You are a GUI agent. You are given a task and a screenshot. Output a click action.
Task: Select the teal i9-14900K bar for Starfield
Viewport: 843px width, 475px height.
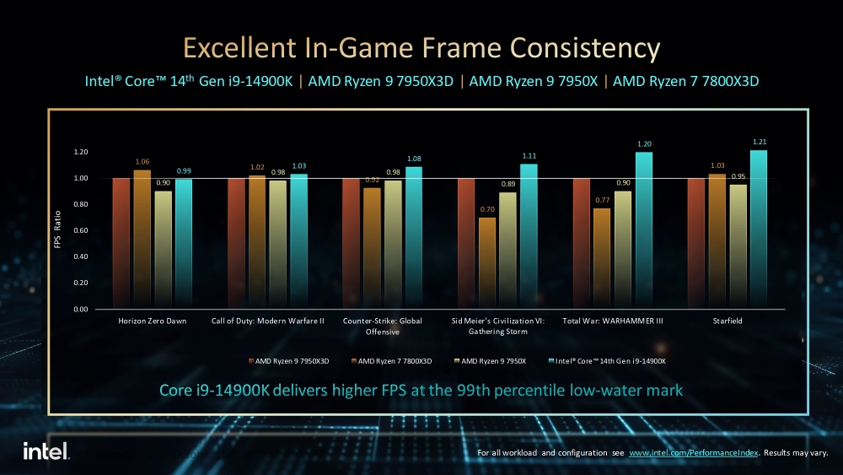coord(759,229)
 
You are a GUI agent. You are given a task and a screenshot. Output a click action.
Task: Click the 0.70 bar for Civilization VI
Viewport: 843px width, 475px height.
coord(487,263)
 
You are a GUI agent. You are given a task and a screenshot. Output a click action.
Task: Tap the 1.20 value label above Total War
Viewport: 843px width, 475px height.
coord(644,144)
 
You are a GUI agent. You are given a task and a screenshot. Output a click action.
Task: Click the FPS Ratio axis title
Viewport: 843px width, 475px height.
coord(58,230)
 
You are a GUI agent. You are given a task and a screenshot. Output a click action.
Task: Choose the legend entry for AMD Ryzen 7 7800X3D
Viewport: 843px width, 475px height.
coord(393,361)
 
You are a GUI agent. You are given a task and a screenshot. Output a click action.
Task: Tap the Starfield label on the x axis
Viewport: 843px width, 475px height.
coord(726,321)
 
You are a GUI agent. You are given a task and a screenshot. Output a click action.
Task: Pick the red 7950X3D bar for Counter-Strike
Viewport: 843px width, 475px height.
coord(351,244)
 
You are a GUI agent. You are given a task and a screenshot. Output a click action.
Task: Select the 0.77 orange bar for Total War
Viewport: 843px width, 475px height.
coord(602,258)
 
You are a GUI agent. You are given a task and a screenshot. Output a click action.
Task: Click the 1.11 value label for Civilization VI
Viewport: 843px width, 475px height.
coord(529,156)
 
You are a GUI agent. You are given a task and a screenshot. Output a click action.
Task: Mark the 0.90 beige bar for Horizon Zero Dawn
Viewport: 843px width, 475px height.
coord(163,250)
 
